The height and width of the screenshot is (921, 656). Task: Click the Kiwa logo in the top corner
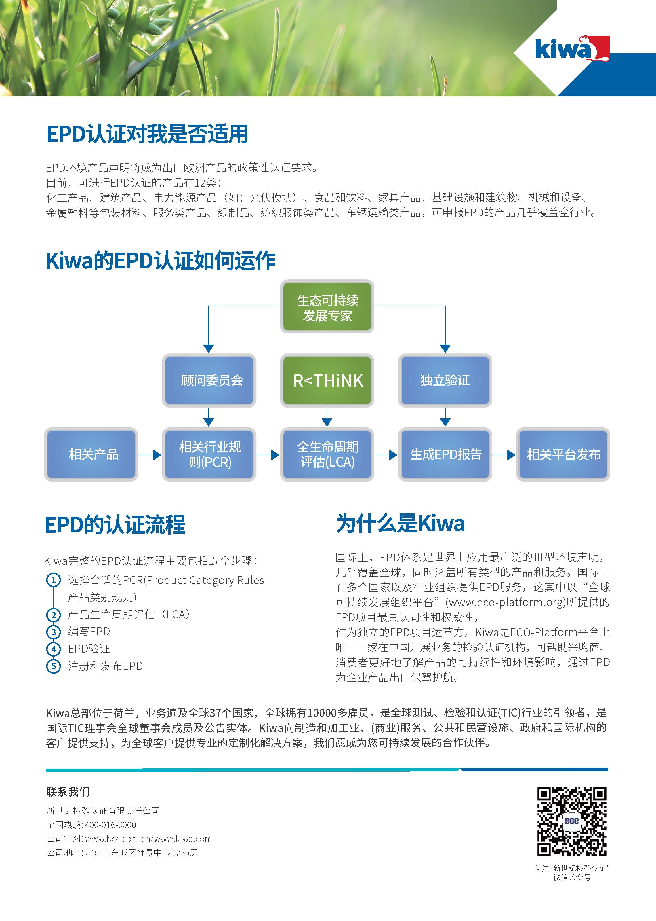572,48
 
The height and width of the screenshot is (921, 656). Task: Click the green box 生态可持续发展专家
327,306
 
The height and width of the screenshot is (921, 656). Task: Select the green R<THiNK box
327,380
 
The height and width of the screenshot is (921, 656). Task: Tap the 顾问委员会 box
209,380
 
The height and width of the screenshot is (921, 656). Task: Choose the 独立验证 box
445,380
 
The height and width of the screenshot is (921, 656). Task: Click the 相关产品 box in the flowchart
91,454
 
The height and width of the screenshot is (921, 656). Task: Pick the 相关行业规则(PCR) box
209,454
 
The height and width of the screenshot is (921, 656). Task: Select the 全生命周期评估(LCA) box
327,454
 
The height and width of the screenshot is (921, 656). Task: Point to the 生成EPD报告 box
445,454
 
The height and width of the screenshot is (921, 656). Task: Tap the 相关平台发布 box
563,454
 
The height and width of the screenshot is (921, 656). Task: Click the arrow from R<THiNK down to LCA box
327,417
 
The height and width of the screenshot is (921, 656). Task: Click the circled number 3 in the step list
53,632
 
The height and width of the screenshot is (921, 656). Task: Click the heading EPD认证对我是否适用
147,134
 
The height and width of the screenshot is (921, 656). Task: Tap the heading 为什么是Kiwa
400,524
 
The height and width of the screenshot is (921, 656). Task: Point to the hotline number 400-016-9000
111,825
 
